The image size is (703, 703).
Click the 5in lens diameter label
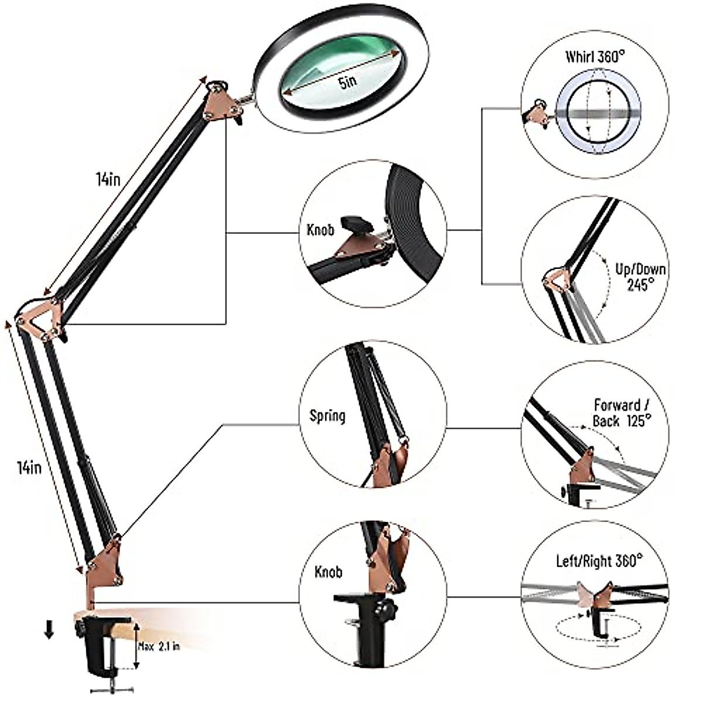click(347, 82)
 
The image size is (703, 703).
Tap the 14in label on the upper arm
click(108, 179)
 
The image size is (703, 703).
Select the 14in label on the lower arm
click(29, 467)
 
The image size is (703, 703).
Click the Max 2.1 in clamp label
click(159, 647)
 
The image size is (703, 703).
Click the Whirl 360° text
click(595, 57)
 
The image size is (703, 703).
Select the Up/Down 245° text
click(640, 277)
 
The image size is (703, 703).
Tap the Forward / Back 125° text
click(622, 413)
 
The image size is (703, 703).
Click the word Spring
click(327, 416)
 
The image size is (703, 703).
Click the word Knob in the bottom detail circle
click(329, 572)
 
